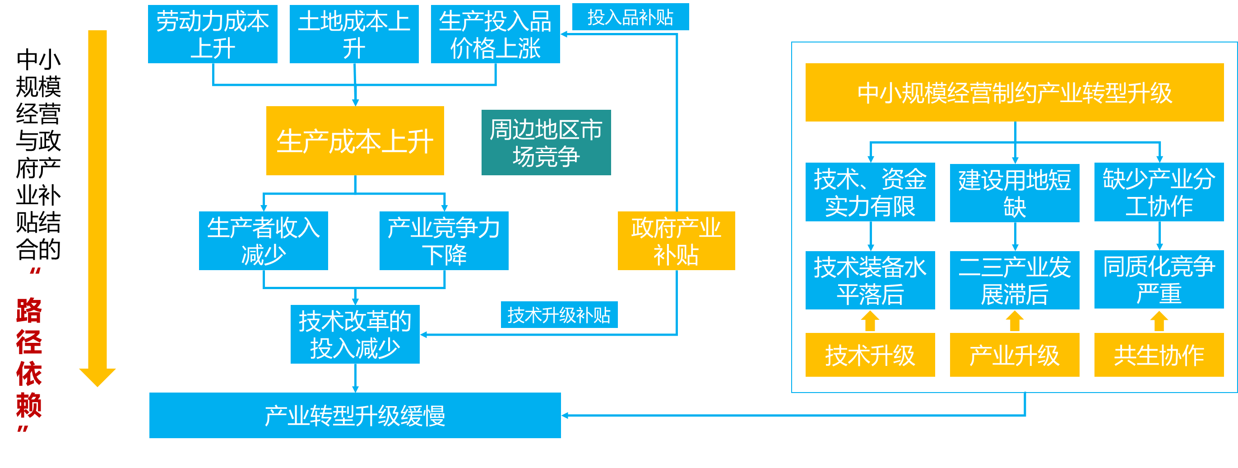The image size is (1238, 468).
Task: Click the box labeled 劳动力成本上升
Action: pyautogui.click(x=213, y=34)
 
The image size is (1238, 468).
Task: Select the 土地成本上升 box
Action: pyautogui.click(x=354, y=34)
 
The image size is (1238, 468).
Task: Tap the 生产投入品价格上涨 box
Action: pyautogui.click(x=496, y=34)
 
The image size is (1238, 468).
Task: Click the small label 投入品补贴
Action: pyautogui.click(x=631, y=17)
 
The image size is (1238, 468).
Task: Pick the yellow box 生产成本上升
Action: pyautogui.click(x=355, y=140)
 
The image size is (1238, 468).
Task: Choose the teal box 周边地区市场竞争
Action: pyautogui.click(x=546, y=142)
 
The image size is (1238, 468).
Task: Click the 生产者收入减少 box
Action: pyautogui.click(x=264, y=240)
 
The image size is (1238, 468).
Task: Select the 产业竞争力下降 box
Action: pyautogui.click(x=444, y=240)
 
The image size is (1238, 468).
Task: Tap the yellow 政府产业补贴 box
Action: pyautogui.click(x=676, y=240)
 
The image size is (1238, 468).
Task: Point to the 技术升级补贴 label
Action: pyautogui.click(x=559, y=315)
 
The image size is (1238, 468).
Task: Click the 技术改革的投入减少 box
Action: pyautogui.click(x=355, y=334)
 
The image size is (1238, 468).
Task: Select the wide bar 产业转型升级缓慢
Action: pyautogui.click(x=355, y=416)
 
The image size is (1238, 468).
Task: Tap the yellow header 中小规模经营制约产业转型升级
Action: pyautogui.click(x=1015, y=92)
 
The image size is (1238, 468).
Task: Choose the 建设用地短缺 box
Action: pyautogui.click(x=1015, y=193)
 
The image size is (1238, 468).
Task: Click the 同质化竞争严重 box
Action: pyautogui.click(x=1159, y=280)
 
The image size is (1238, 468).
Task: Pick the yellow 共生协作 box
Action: pyautogui.click(x=1159, y=355)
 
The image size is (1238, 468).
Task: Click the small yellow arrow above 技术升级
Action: pyautogui.click(x=870, y=321)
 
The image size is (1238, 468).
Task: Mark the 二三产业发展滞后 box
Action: pyautogui.click(x=1015, y=280)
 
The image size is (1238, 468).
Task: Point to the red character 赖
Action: pyautogui.click(x=29, y=405)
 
